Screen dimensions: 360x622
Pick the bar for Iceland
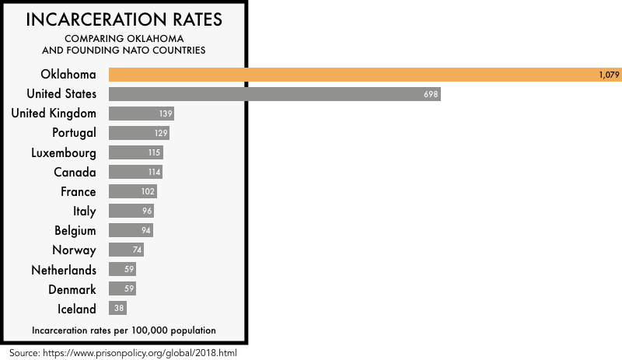[117, 309]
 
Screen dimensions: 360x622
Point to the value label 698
[432, 94]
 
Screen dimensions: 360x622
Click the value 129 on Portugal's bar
[159, 133]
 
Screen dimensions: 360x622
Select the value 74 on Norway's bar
[138, 250]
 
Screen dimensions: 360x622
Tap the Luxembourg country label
[64, 152]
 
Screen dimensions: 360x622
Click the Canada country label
[75, 172]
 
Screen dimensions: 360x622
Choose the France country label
[79, 191]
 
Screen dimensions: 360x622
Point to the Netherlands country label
[64, 270]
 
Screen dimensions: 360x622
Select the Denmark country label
[70, 289]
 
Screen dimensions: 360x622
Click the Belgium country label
[75, 231]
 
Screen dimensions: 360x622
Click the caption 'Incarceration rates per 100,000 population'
[124, 330]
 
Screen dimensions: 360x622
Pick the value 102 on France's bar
[149, 191]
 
